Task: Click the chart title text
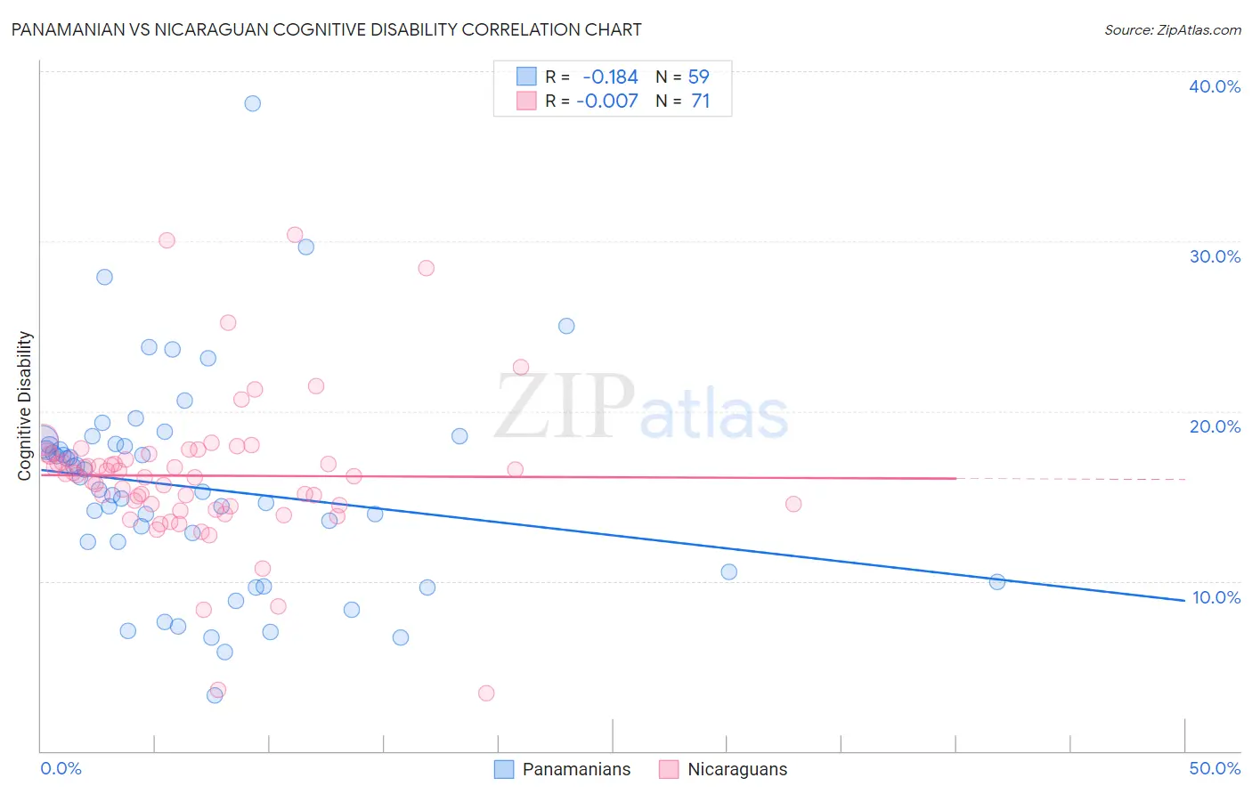(326, 29)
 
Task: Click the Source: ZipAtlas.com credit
(1172, 29)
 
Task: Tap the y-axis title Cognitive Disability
(25, 406)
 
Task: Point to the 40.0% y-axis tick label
(1214, 86)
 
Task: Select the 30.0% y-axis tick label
(1214, 256)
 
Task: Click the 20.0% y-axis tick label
(1214, 426)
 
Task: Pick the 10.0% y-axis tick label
(1215, 597)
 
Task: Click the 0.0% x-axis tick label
(61, 768)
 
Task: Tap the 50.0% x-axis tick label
(1215, 768)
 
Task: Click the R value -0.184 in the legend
(610, 77)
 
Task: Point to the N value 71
(700, 101)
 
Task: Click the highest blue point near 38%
(253, 103)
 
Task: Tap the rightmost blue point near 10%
(997, 581)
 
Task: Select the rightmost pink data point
(793, 504)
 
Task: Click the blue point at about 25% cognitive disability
(566, 326)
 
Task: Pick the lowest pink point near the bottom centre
(486, 693)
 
